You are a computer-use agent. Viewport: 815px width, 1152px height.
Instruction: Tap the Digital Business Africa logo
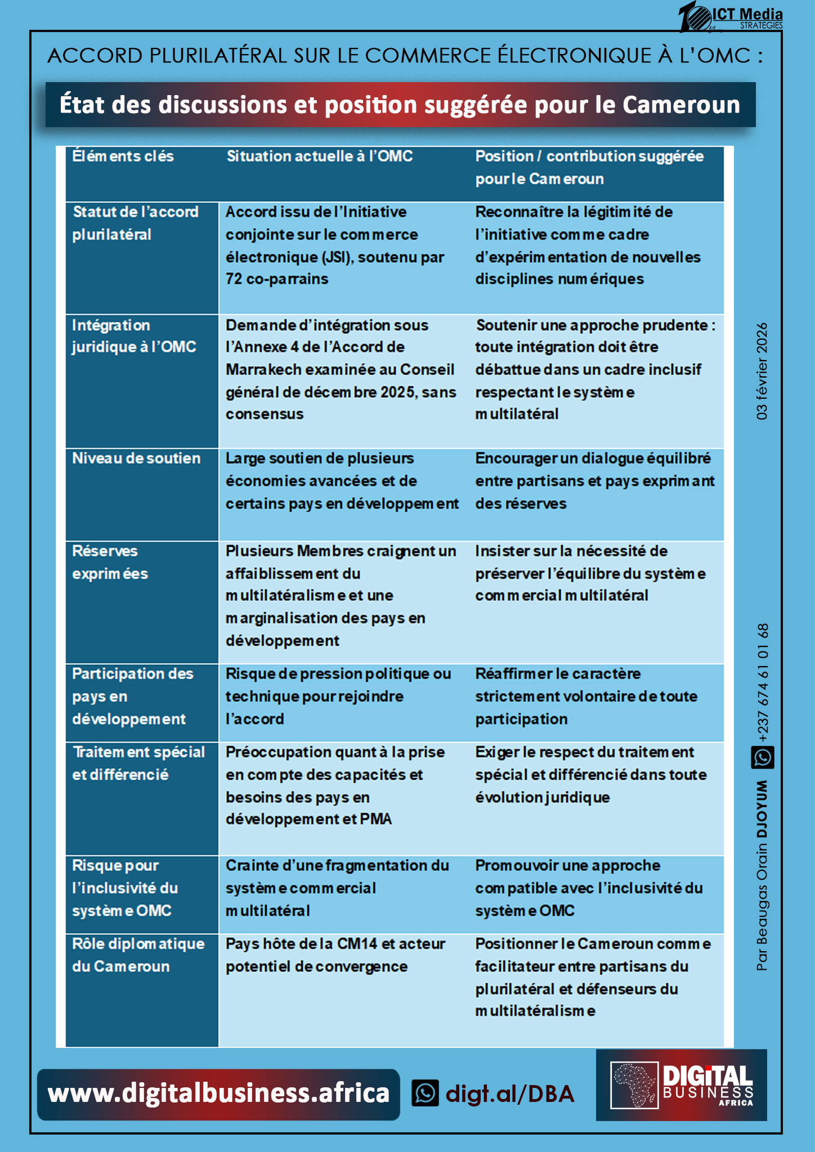click(681, 1084)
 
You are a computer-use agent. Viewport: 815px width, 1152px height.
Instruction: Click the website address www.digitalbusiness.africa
click(218, 1093)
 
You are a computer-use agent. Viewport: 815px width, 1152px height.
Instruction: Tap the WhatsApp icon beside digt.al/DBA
click(425, 1093)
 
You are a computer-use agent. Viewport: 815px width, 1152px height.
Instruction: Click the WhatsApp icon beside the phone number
click(762, 757)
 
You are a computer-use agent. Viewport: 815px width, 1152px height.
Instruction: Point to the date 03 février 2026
click(762, 371)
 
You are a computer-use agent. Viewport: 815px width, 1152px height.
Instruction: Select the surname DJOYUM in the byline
click(762, 809)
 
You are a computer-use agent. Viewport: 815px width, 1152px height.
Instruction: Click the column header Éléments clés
click(123, 156)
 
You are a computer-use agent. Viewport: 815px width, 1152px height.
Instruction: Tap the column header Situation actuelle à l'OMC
click(320, 156)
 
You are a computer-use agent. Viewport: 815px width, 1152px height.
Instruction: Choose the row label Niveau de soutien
click(136, 458)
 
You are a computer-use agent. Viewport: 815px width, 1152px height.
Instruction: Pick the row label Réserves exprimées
click(110, 562)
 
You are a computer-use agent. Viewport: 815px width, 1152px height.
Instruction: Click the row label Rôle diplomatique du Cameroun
click(138, 955)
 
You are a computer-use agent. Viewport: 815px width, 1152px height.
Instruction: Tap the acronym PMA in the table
click(375, 819)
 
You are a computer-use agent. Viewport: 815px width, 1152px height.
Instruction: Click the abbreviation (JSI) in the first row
click(337, 257)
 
